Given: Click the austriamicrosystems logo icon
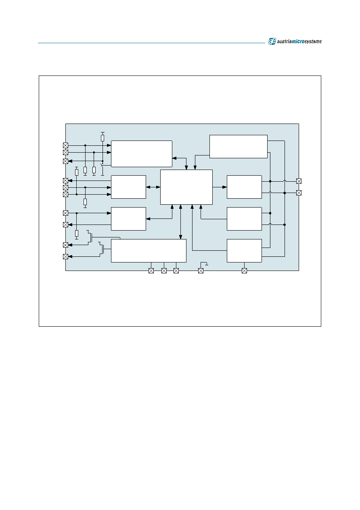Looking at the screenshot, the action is tap(272, 41).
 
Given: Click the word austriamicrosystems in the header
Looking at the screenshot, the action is tap(299, 42).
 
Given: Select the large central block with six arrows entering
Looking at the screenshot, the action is tap(186, 187).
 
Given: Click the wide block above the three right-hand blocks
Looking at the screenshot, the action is tap(238, 147).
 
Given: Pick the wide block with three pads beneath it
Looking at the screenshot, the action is tap(149, 250).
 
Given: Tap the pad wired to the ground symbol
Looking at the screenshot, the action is tap(201, 271).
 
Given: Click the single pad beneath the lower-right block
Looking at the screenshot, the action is tap(244, 271).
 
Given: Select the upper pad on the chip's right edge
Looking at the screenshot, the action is tap(299, 181).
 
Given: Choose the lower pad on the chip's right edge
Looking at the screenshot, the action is tap(299, 193).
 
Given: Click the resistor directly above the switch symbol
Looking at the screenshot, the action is tap(103, 138).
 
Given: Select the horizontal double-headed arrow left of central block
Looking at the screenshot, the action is tap(153, 187).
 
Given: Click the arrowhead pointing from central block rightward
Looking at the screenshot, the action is tap(224, 187).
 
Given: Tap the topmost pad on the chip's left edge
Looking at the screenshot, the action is tap(65, 145).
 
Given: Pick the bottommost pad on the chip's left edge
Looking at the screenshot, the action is tap(65, 256).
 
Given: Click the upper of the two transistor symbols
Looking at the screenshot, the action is tap(90, 237).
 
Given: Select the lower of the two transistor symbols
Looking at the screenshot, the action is tap(102, 249).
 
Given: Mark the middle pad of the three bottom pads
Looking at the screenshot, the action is tap(164, 271).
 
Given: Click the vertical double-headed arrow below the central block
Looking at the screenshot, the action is tap(180, 222).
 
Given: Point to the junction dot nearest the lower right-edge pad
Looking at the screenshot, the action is tap(285, 193).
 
